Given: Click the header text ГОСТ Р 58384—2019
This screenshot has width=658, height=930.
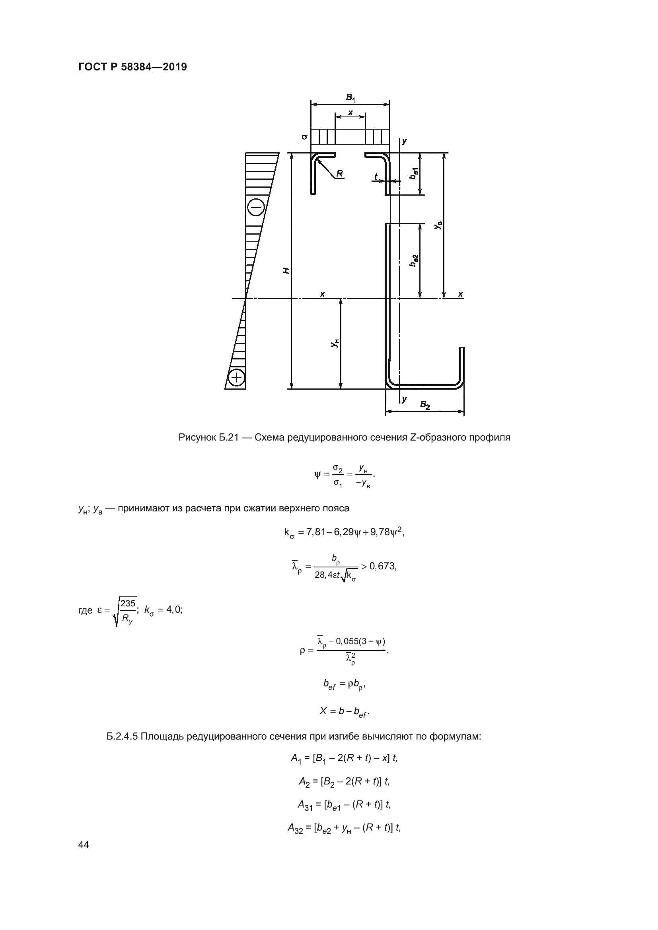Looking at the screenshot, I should click(132, 67).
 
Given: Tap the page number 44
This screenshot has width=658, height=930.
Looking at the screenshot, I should click(84, 845).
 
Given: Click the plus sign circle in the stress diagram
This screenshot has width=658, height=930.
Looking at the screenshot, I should click(237, 378).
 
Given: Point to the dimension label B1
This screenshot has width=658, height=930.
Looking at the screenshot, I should click(350, 98).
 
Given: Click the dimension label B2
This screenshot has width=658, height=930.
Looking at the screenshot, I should click(424, 404).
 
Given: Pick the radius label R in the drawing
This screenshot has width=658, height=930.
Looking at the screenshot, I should click(339, 174).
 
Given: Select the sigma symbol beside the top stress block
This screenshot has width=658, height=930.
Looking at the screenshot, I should click(305, 137).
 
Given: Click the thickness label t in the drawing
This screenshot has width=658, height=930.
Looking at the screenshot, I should click(376, 177).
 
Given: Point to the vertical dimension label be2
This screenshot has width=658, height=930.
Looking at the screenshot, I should click(414, 260).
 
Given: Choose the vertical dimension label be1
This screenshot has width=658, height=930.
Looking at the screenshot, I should click(414, 173).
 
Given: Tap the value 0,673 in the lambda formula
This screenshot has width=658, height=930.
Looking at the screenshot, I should click(382, 566).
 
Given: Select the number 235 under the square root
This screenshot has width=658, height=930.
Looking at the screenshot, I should click(128, 604).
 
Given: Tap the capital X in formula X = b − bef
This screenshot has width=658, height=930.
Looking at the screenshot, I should click(323, 711).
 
